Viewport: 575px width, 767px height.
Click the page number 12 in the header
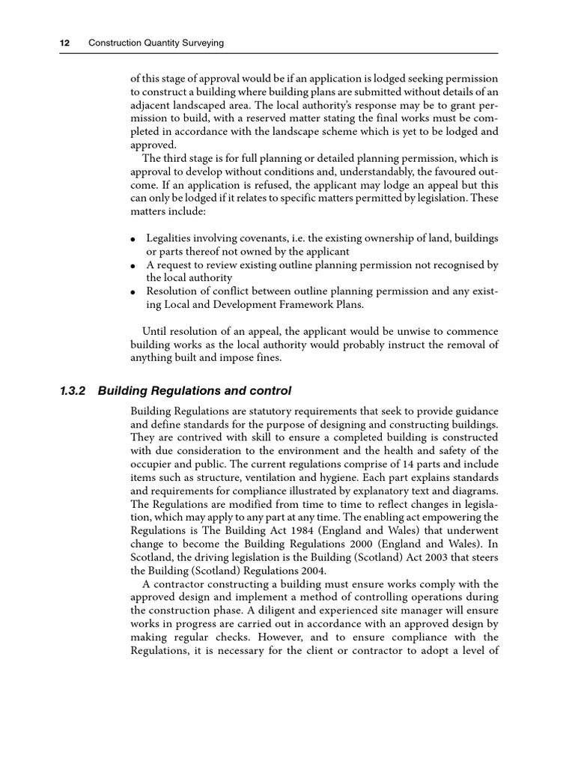[x=64, y=43]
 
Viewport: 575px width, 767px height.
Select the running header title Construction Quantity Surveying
[x=156, y=43]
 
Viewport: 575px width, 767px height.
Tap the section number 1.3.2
[x=73, y=391]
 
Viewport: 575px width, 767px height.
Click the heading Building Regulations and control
[x=195, y=391]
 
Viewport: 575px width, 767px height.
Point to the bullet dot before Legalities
[x=133, y=240]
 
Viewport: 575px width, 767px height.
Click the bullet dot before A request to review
[x=133, y=267]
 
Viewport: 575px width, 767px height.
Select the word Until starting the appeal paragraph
[x=156, y=331]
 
